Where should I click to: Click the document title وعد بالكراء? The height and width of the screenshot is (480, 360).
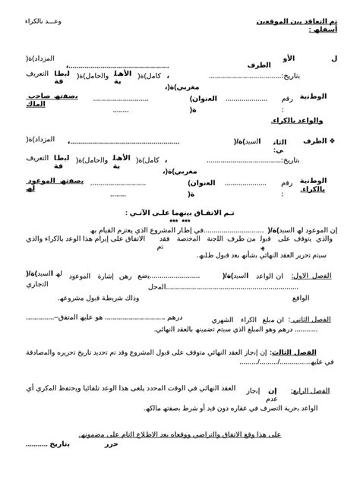(x=45, y=21)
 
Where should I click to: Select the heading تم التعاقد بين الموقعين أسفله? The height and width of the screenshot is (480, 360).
(x=297, y=25)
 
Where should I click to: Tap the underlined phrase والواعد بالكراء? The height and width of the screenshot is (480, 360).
(x=297, y=120)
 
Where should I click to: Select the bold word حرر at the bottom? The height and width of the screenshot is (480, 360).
(x=112, y=444)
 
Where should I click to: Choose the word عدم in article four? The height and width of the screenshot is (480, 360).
(x=271, y=399)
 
